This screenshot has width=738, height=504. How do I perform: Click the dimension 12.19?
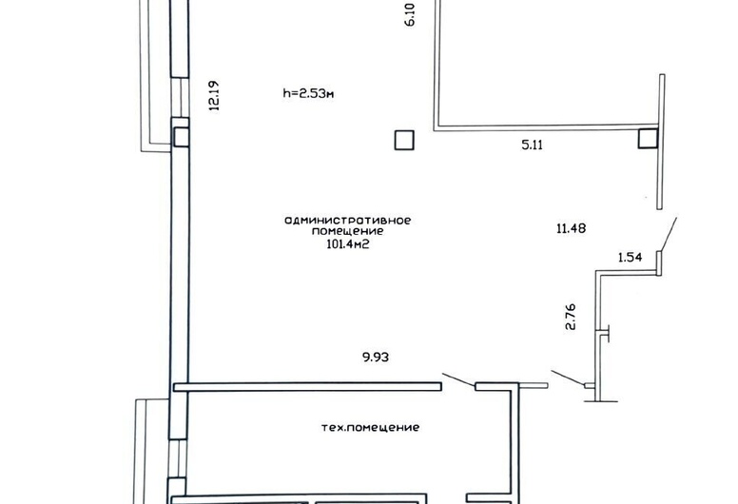tap(214, 95)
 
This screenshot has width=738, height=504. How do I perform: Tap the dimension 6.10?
tap(410, 14)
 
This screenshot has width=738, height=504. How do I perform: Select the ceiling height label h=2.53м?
tap(309, 93)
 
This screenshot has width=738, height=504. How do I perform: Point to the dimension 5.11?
tap(533, 145)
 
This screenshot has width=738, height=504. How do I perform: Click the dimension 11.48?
tap(571, 229)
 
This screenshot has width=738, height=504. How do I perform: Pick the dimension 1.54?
tap(630, 258)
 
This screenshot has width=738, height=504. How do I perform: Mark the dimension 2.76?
tap(571, 318)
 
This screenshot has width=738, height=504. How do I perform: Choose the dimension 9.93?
tap(376, 358)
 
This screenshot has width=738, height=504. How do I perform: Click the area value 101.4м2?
tap(347, 243)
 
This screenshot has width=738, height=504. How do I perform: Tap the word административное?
tap(348, 221)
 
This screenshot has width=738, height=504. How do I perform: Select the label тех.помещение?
tap(370, 428)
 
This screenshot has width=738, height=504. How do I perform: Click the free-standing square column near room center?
tap(404, 140)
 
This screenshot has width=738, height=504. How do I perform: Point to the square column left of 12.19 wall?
tap(181, 137)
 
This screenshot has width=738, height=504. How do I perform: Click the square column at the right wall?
tap(648, 139)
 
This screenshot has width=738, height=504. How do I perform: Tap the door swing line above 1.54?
tap(670, 234)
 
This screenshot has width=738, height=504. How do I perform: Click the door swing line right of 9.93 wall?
tap(458, 380)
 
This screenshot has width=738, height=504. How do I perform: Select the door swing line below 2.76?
tap(568, 378)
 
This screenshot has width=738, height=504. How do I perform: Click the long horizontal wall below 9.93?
tap(308, 387)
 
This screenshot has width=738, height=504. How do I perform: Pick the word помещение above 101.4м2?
tap(347, 231)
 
